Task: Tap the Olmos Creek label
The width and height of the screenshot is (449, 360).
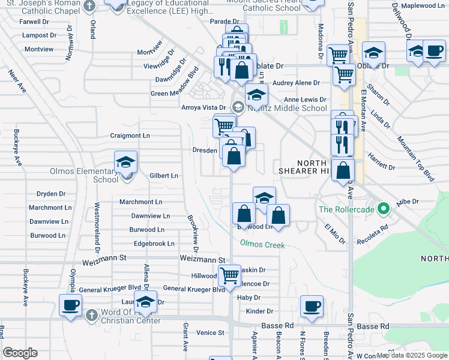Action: point(262,244)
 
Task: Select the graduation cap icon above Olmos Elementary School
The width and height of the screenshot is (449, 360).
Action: point(126,162)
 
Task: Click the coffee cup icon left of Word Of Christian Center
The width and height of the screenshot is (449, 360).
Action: point(70,305)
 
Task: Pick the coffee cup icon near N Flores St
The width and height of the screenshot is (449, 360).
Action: point(312,306)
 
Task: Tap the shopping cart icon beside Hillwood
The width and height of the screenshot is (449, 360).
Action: point(229,276)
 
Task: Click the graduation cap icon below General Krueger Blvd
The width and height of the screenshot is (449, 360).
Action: point(145,302)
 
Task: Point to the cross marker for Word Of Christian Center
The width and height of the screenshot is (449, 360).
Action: point(90,315)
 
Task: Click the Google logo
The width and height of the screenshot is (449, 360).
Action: point(20,353)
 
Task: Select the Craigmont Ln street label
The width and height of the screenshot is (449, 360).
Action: point(130,136)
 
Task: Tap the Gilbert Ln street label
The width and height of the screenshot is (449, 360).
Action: point(164,175)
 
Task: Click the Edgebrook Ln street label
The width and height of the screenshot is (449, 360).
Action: point(154,244)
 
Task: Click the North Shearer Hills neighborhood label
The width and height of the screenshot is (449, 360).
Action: point(312,167)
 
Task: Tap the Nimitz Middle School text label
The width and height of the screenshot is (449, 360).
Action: point(287,108)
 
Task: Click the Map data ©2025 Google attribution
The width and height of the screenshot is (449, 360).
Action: point(411,355)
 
